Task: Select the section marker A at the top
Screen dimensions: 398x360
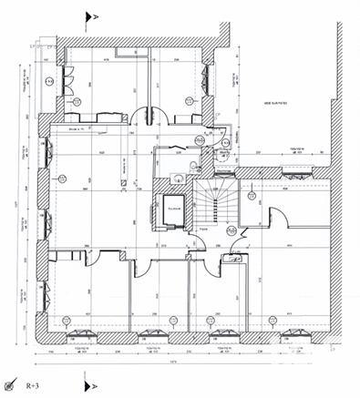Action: point(89,16)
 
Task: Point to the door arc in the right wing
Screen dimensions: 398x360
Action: point(280,219)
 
